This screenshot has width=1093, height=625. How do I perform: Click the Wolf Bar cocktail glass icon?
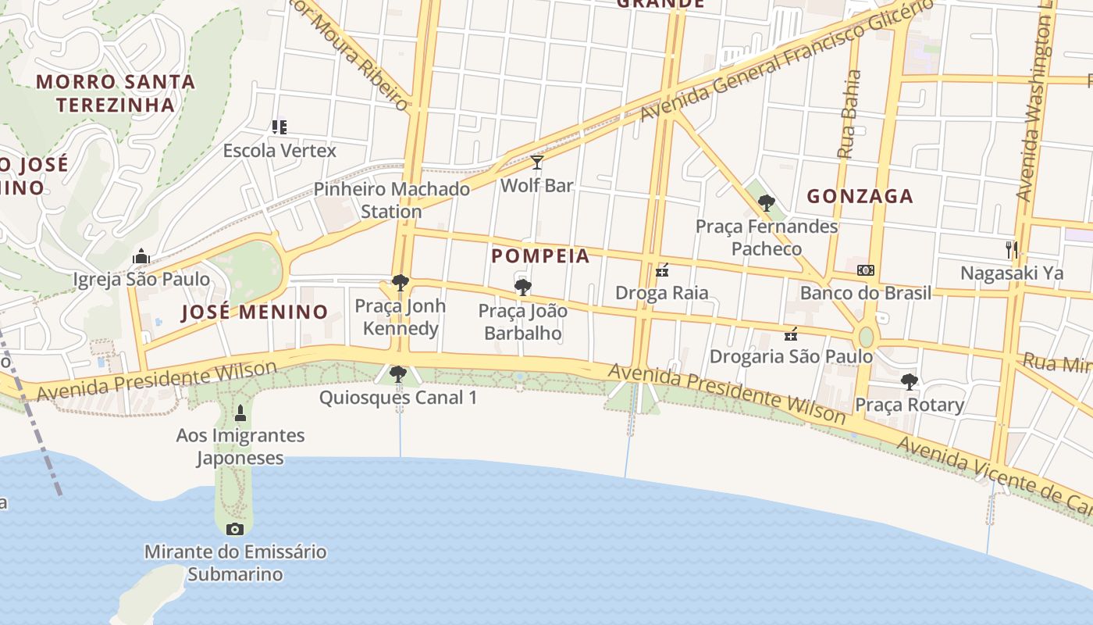tap(537, 162)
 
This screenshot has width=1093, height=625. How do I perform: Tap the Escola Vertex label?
tap(279, 150)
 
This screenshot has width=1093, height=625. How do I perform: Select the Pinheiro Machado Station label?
tap(391, 200)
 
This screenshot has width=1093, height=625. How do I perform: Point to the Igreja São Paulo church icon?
tap(141, 256)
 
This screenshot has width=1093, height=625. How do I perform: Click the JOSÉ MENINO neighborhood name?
tap(255, 312)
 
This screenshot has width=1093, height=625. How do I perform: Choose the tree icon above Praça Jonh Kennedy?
tap(401, 283)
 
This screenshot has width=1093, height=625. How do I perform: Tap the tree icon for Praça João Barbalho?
tap(523, 287)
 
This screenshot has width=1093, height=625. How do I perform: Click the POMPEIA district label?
tap(540, 256)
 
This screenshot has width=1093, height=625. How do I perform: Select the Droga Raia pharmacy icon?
tap(662, 270)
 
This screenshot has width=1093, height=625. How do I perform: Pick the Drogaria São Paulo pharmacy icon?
tap(791, 334)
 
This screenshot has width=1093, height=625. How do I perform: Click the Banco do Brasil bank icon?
tap(865, 270)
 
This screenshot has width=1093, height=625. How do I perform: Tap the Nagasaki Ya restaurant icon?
tap(1012, 250)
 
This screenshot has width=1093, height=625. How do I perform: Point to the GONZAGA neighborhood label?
tap(860, 196)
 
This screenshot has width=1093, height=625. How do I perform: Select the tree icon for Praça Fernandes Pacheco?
tap(767, 203)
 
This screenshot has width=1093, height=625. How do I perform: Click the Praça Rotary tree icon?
tap(909, 382)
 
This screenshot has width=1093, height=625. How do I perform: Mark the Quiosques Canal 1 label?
tap(397, 398)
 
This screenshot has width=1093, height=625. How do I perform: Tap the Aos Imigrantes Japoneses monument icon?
tap(240, 412)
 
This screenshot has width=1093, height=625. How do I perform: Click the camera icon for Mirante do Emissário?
tap(235, 529)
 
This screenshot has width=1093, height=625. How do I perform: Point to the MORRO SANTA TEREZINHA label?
tap(116, 92)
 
